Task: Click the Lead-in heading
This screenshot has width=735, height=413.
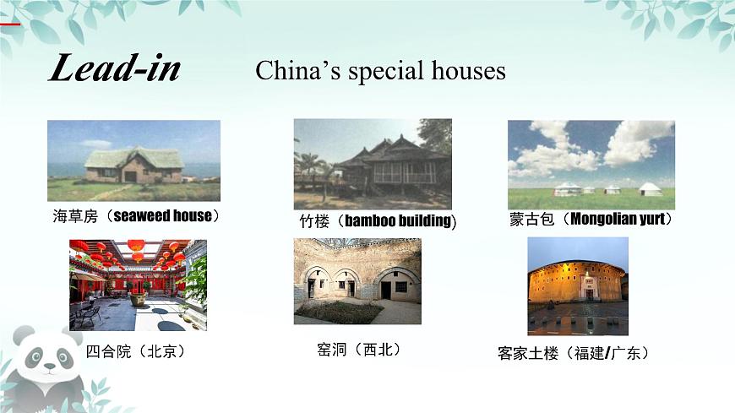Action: [x=115, y=68]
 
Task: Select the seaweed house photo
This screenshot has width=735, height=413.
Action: [x=133, y=160]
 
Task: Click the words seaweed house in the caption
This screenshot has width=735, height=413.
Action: [x=162, y=216]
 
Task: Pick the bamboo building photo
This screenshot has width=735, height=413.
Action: [x=373, y=163]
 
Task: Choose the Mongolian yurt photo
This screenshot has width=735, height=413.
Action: [x=591, y=164]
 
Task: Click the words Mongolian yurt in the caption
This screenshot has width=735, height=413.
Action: [x=620, y=220]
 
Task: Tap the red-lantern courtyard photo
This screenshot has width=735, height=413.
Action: [x=138, y=285]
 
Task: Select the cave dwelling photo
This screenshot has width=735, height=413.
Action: [x=357, y=281]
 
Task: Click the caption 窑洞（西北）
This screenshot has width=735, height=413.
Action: [x=357, y=349]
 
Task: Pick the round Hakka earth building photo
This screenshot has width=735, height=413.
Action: [x=578, y=285]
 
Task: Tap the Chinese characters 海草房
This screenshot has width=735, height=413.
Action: [x=76, y=216]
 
